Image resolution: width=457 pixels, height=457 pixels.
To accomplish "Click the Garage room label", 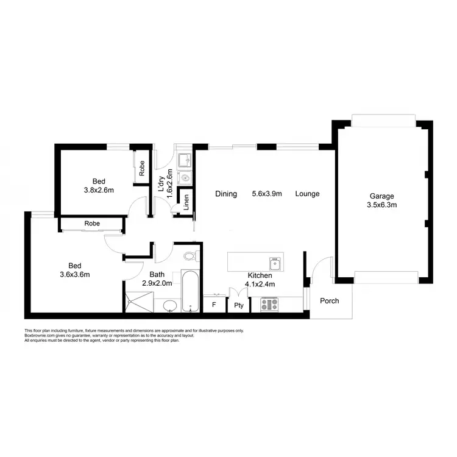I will pos(382,196).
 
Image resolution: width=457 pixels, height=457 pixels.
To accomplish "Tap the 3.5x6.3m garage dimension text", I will pos(382,205).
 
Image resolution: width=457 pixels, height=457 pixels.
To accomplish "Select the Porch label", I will pos(330,301).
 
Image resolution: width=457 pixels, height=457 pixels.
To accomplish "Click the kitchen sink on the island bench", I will pos(275,264).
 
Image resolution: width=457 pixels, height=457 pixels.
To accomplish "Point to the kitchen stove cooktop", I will pos(269,304).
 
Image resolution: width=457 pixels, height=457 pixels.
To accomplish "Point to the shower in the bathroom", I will pos(138,302).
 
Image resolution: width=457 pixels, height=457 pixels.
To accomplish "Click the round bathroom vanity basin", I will pos(169,305).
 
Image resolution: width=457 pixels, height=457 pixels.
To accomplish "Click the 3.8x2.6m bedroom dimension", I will pos(98,190).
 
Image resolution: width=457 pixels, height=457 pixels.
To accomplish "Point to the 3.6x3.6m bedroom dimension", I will pos(74,274).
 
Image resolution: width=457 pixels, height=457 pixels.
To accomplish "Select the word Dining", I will pos(225,194).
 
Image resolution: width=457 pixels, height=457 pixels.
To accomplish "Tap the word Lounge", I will pos(307,194).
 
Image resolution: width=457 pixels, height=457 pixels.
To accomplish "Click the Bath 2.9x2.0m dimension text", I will pos(157,283).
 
